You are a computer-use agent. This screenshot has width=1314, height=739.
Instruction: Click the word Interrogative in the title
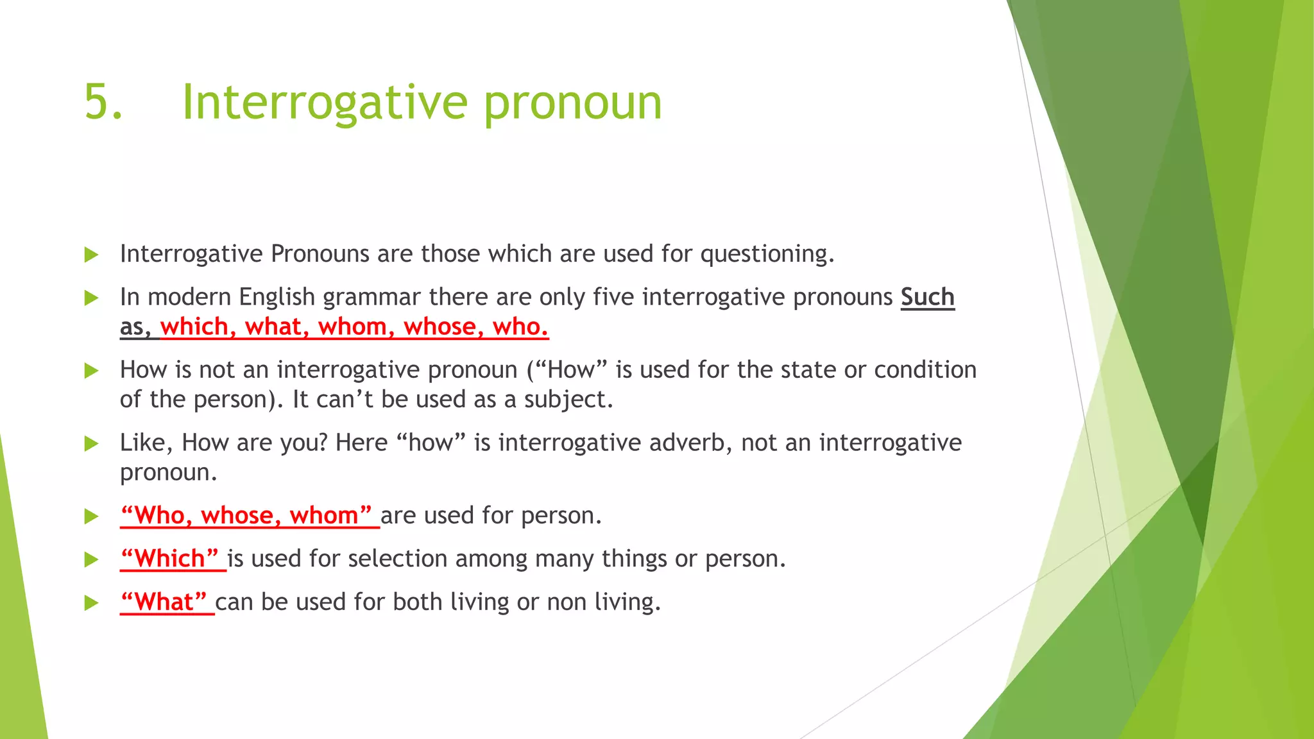[325, 103]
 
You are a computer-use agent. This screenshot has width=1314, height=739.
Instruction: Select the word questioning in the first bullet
[767, 255]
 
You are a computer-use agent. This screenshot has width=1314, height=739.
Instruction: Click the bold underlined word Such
[927, 297]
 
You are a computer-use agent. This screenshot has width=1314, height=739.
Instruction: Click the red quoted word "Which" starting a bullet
[170, 559]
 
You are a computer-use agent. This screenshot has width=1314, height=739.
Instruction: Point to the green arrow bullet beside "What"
[91, 603]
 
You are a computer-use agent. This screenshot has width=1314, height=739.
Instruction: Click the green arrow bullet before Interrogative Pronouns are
[91, 255]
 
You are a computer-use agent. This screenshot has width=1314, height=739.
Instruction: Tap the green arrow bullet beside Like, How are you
[91, 444]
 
